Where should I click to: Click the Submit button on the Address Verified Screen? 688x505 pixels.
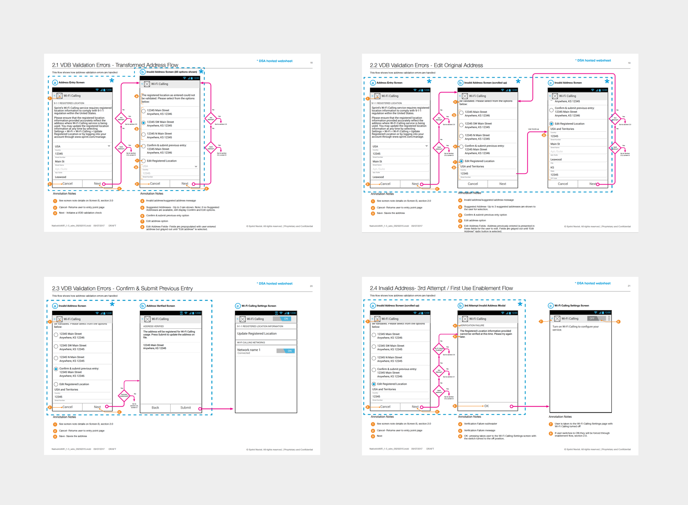[x=186, y=408]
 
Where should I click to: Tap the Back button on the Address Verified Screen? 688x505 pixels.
[x=155, y=408]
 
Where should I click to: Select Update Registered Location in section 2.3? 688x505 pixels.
[x=257, y=334]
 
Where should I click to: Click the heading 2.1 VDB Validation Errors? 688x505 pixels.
[x=115, y=65]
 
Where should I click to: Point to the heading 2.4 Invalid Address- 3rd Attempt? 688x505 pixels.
[x=441, y=288]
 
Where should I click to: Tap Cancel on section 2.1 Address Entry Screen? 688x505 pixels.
[x=67, y=184]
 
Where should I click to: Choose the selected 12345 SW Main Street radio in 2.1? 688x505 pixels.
[x=144, y=123]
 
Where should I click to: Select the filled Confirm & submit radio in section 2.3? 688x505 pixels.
[x=56, y=369]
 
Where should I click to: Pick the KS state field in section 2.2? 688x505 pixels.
[x=553, y=167]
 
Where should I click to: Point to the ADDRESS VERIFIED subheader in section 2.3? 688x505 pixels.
[x=154, y=326]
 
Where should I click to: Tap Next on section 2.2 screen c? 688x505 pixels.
[x=593, y=184]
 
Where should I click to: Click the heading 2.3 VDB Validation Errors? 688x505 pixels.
[x=122, y=288]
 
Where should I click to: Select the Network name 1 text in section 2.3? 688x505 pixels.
[x=249, y=350]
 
